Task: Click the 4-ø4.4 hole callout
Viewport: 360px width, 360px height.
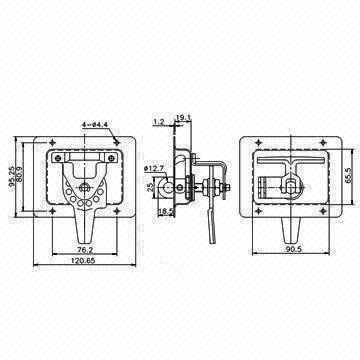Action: [x=97, y=125]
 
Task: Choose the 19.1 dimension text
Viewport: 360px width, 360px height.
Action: [x=184, y=119]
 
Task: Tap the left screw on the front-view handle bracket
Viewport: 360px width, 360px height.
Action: [x=67, y=159]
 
